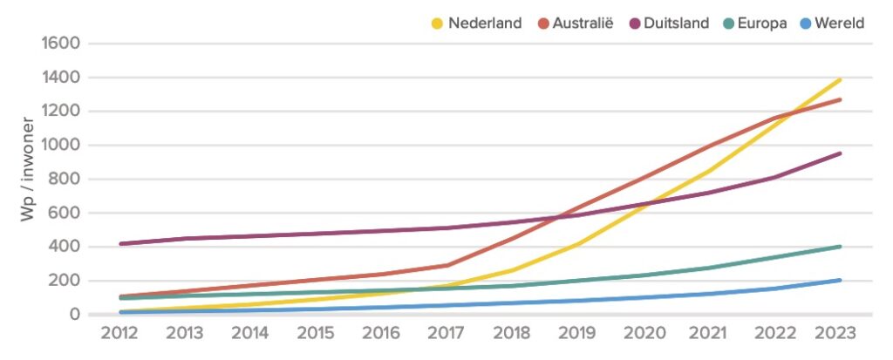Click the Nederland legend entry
coord(485,24)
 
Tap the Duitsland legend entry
coord(677,24)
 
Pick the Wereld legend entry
coord(838,24)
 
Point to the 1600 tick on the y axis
coord(59,43)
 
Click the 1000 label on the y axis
coord(59,145)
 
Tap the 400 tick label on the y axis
coord(65,247)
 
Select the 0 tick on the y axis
coord(74,314)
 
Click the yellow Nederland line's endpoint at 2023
coord(840,80)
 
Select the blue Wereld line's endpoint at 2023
coord(840,280)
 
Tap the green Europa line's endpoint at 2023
coord(840,247)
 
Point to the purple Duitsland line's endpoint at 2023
coord(840,153)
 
